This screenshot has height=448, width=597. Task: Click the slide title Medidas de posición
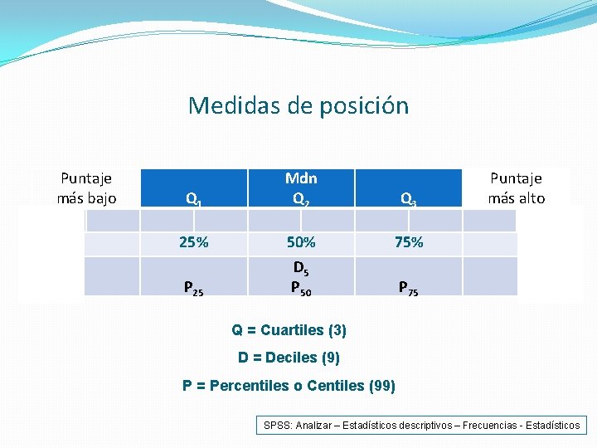[x=298, y=106]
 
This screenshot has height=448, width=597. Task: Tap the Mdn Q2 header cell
[x=301, y=188]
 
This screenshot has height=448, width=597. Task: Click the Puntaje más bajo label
[x=86, y=188]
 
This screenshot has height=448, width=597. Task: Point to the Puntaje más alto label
[x=516, y=188]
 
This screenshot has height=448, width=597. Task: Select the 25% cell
[x=194, y=243]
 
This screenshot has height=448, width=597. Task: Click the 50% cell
[x=301, y=243]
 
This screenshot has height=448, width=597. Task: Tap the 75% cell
[x=409, y=243]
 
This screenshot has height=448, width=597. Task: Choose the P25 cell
[x=194, y=288]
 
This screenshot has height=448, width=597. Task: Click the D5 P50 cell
[x=301, y=278]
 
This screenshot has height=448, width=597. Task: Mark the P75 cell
[x=408, y=288]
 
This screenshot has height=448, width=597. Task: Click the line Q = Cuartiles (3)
[x=289, y=330]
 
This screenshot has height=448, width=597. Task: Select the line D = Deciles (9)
[x=289, y=358]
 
